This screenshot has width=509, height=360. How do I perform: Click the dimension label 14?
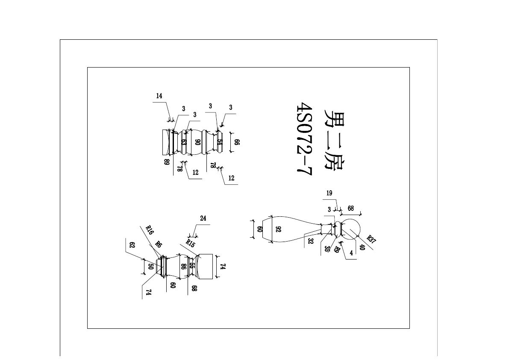[159, 96]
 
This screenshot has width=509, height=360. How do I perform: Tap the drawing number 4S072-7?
[305, 139]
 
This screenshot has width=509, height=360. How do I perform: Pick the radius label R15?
[190, 244]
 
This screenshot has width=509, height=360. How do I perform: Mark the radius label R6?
[159, 245]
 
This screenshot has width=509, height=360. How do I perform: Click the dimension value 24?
[203, 218]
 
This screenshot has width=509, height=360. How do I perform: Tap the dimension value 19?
[329, 193]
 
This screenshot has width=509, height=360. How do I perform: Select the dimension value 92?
[278, 229]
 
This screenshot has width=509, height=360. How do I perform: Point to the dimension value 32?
[309, 240]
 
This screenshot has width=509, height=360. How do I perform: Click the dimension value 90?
[197, 142]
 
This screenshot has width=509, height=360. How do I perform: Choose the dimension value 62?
[132, 245]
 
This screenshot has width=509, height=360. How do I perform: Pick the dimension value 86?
[183, 266]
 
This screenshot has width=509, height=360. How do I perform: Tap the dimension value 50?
[150, 266]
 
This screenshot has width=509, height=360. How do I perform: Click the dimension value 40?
[362, 247]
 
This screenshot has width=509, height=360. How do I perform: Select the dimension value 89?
[167, 162]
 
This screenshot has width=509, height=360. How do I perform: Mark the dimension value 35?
[327, 248]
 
